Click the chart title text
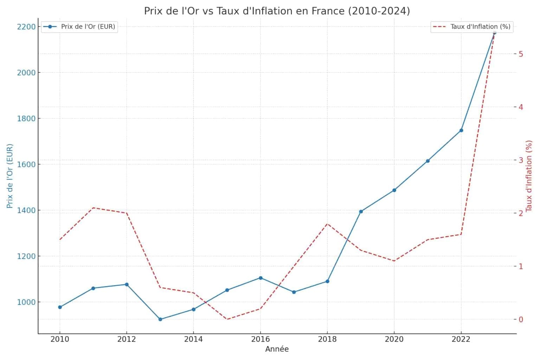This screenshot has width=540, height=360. [277, 11]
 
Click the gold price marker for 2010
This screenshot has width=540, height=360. [60, 307]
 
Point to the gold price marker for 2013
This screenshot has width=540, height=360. [160, 320]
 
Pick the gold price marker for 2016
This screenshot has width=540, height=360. [261, 278]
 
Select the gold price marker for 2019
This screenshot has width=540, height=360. [361, 212]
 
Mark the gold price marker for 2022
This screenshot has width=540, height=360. [461, 130]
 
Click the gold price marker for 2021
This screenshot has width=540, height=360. [428, 161]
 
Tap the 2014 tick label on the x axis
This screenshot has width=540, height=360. [193, 339]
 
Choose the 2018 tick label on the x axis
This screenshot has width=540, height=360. [327, 339]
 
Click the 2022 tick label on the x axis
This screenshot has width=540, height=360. [461, 339]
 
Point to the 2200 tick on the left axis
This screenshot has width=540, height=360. [26, 27]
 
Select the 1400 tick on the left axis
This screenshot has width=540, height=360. [26, 211]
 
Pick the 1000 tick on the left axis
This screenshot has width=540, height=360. [26, 302]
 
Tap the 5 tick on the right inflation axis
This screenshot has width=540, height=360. [521, 54]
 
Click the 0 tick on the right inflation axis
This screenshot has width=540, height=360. [521, 320]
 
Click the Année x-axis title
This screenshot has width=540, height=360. [277, 349]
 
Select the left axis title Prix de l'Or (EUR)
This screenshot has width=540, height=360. [10, 176]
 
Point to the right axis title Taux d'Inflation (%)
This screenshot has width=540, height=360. [529, 176]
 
